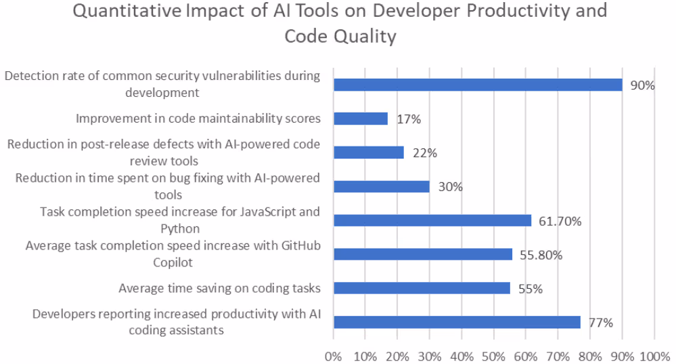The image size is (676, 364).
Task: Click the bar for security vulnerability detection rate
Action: [x=478, y=85]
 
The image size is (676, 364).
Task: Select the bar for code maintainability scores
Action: [x=361, y=119]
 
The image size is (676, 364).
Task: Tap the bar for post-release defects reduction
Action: [x=369, y=153]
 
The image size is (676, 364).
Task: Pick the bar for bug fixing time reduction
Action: [x=382, y=186]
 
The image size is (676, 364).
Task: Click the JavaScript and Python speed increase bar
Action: [x=432, y=220]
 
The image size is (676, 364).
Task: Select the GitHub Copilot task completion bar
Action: [x=423, y=254]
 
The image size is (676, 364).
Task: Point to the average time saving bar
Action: [x=422, y=288]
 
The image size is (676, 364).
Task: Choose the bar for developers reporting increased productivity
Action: [x=457, y=322]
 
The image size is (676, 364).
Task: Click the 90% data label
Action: [x=642, y=85]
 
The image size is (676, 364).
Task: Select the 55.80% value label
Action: [x=541, y=255]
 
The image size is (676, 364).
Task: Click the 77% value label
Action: [x=600, y=323]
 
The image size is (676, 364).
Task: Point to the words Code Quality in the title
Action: [x=340, y=36]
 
